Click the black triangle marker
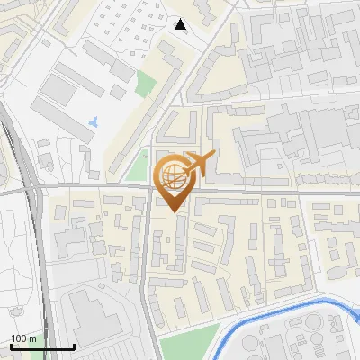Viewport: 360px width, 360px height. coord(181,25)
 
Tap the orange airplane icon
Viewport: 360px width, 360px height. coord(199,164)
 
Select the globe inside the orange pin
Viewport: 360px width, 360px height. coord(171,176)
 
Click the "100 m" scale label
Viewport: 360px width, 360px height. coord(24,338)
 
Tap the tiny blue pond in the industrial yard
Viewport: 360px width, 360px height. coord(94,120)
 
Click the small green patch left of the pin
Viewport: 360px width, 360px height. coord(136,167)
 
